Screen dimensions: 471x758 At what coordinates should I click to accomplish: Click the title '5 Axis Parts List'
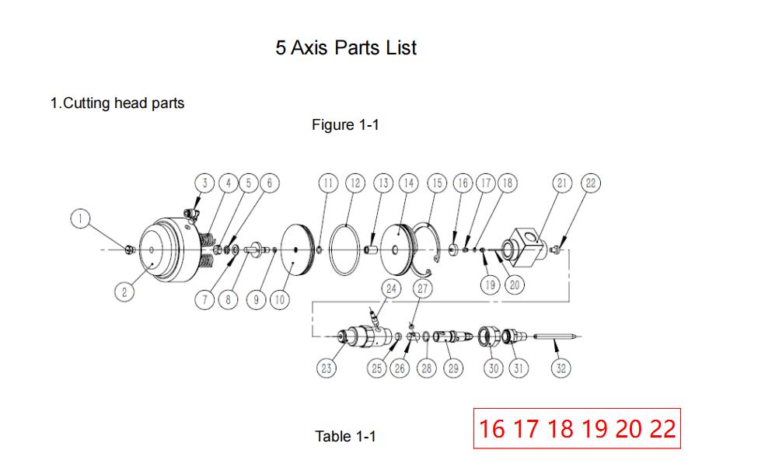pyautogui.click(x=346, y=47)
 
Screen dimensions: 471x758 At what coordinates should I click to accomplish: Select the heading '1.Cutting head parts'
pyautogui.click(x=117, y=103)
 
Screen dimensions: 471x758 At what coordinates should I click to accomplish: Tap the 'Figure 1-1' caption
pyautogui.click(x=345, y=124)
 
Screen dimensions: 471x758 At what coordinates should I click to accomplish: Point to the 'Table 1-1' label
pyautogui.click(x=345, y=436)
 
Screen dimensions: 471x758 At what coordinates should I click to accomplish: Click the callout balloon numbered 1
pyautogui.click(x=79, y=218)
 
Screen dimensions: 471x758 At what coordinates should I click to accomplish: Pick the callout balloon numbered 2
pyautogui.click(x=124, y=292)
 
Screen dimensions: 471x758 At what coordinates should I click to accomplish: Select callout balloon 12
pyautogui.click(x=355, y=183)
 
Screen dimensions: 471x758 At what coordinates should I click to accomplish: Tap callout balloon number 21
pyautogui.click(x=562, y=183)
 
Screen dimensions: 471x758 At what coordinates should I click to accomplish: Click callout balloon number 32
pyautogui.click(x=560, y=368)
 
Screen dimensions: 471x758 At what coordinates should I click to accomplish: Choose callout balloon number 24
pyautogui.click(x=390, y=288)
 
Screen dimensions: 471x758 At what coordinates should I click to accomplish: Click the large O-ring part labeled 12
pyautogui.click(x=345, y=250)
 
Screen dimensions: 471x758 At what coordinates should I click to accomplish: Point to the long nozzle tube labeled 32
pyautogui.click(x=555, y=336)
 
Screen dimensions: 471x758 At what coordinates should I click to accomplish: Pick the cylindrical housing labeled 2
pyautogui.click(x=167, y=249)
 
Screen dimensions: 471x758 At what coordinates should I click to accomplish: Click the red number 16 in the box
pyautogui.click(x=492, y=428)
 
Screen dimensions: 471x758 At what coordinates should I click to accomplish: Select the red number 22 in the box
pyautogui.click(x=662, y=428)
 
